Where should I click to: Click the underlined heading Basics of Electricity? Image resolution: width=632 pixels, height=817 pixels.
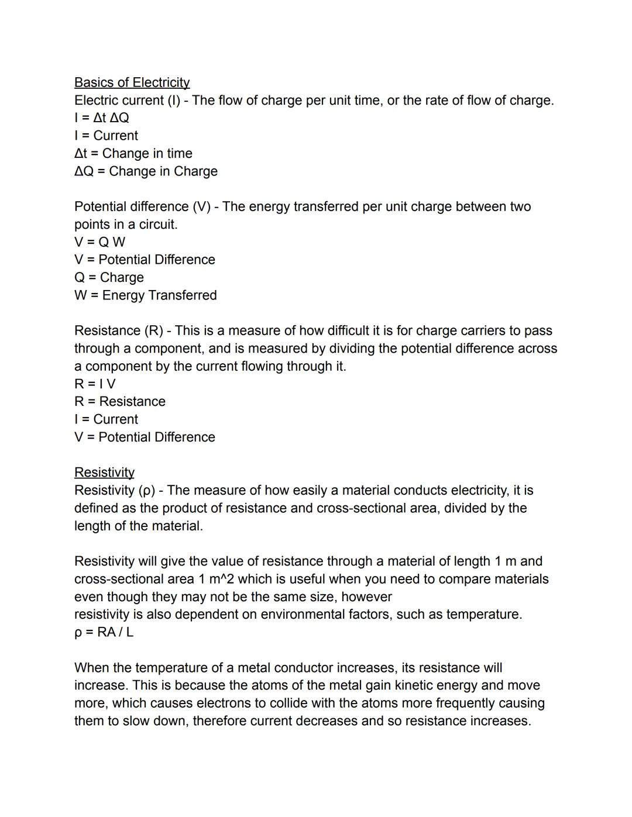[132, 82]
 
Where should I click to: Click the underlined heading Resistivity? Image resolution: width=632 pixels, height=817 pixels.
[104, 472]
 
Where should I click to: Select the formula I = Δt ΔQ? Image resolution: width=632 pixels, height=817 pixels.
[102, 118]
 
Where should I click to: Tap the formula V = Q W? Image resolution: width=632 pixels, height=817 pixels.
[99, 242]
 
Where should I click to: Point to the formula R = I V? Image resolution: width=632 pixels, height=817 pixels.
[95, 384]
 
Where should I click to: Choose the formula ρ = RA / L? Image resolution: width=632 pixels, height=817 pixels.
[104, 632]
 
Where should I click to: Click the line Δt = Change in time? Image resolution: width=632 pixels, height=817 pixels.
[133, 153]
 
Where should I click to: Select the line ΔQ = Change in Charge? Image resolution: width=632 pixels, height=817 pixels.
[146, 171]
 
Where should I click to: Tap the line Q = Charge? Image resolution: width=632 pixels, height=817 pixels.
[109, 277]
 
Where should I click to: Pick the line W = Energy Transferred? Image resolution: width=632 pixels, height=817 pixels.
[145, 295]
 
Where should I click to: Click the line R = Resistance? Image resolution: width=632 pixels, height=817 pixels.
[119, 402]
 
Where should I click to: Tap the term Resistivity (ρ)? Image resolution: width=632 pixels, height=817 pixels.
[114, 490]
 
